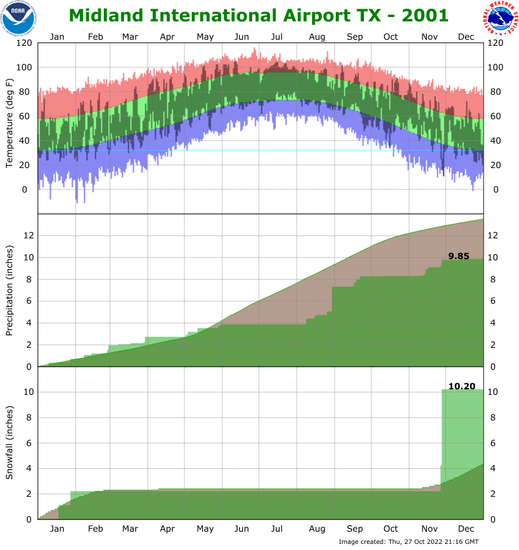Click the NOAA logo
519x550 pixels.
[18, 18]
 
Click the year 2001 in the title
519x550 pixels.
[421, 16]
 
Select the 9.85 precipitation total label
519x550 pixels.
[459, 256]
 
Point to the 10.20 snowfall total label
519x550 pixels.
[461, 386]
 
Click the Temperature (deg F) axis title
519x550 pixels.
[9, 123]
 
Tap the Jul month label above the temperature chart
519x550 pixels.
[277, 37]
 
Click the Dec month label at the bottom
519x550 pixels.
[466, 529]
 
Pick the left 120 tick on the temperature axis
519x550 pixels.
[24, 43]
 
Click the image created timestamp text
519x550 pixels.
[408, 542]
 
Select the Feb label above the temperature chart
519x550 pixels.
[95, 37]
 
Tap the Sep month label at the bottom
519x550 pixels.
[355, 529]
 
